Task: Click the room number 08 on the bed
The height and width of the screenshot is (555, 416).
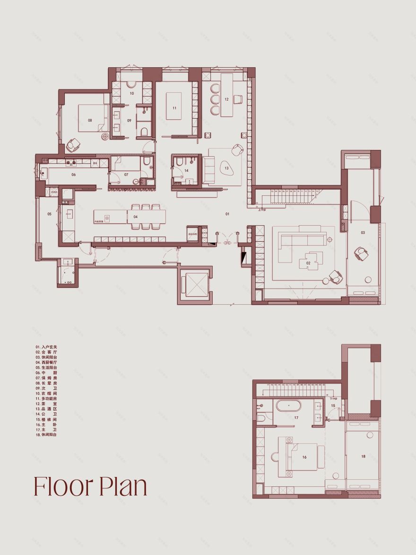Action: [90, 120]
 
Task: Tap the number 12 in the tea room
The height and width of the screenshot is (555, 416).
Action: [226, 99]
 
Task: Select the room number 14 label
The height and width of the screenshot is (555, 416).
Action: [186, 170]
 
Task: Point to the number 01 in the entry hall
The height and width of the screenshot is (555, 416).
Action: [227, 214]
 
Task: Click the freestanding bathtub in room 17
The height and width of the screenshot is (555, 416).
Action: [288, 406]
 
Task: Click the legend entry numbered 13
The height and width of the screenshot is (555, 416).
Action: [45, 409]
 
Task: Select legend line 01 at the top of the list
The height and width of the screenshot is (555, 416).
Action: [45, 347]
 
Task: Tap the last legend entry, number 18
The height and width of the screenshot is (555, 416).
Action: [45, 434]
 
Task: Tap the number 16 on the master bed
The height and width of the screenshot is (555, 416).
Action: [304, 458]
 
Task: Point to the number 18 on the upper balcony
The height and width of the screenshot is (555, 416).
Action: [363, 456]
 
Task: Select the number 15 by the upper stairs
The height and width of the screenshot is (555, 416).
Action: [333, 405]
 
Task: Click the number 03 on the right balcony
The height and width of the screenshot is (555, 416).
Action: [363, 232]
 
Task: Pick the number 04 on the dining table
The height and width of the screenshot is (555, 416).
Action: [136, 217]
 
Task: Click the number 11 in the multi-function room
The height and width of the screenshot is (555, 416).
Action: [174, 108]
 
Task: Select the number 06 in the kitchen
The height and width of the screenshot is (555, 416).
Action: [74, 175]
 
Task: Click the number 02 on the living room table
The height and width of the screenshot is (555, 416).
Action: [308, 263]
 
